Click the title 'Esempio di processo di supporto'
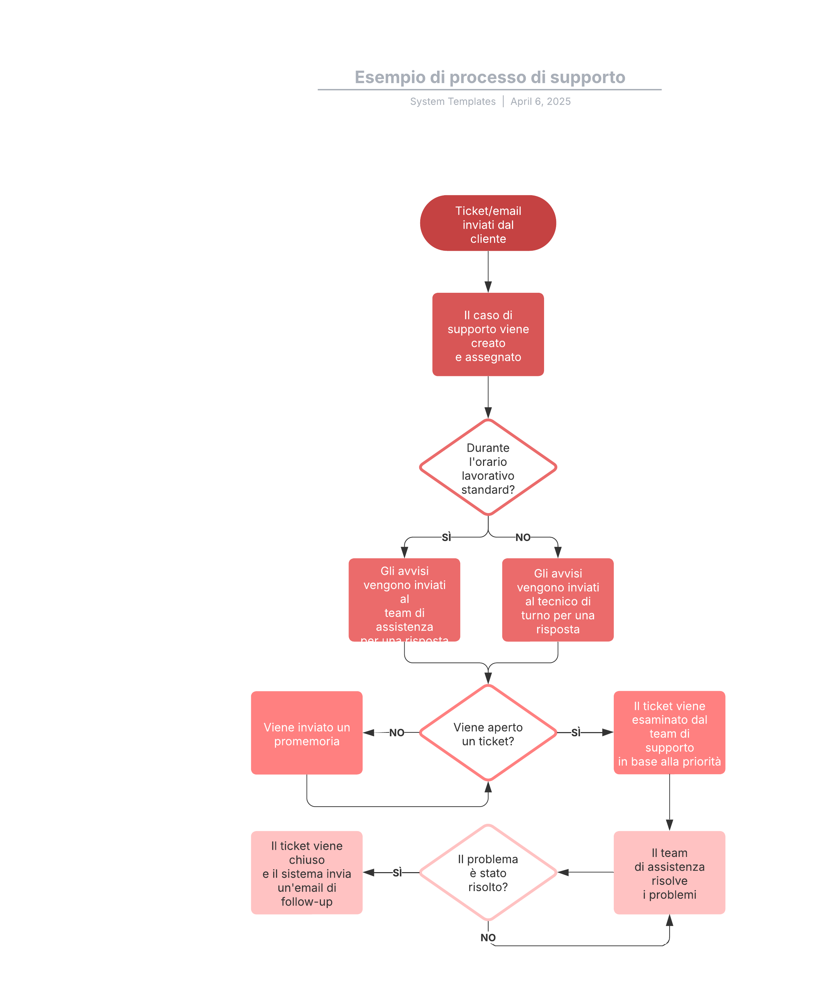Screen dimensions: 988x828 click(490, 77)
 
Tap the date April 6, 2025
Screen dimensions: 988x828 click(540, 102)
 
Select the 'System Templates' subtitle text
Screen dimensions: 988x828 click(452, 102)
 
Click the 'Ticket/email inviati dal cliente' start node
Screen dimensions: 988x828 click(488, 223)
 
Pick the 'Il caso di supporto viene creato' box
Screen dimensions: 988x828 click(488, 335)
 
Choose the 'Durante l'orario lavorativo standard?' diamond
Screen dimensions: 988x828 click(488, 468)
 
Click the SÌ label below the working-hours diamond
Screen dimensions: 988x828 click(446, 537)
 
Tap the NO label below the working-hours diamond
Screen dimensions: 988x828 click(522, 537)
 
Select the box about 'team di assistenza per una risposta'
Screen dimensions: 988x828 click(404, 599)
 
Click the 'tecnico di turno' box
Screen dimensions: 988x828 click(557, 600)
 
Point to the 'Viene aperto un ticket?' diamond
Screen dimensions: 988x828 click(488, 733)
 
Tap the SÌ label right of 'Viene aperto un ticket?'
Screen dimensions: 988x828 click(576, 732)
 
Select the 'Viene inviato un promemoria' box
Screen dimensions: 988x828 click(306, 733)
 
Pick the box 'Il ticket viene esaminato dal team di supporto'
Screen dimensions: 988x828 click(669, 733)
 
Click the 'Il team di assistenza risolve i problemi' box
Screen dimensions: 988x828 click(669, 873)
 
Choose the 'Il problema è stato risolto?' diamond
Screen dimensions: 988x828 click(488, 873)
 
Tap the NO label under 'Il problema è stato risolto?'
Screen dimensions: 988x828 click(488, 938)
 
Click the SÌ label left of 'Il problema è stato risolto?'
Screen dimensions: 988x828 click(397, 873)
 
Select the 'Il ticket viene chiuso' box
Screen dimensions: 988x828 click(306, 873)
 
